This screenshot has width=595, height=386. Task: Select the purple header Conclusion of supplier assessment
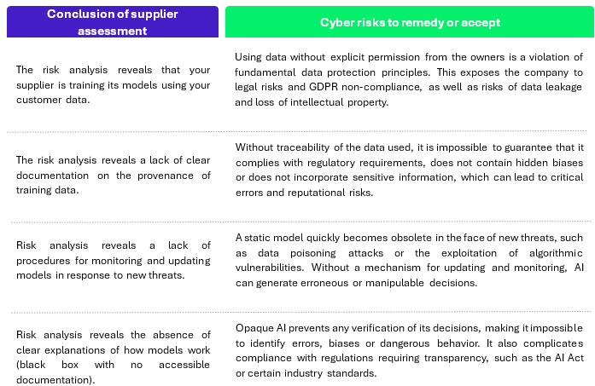pyautogui.click(x=113, y=21)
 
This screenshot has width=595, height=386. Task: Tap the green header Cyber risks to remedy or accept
pyautogui.click(x=410, y=21)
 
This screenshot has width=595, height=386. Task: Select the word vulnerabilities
pyautogui.click(x=269, y=268)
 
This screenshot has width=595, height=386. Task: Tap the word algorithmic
pyautogui.click(x=556, y=253)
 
